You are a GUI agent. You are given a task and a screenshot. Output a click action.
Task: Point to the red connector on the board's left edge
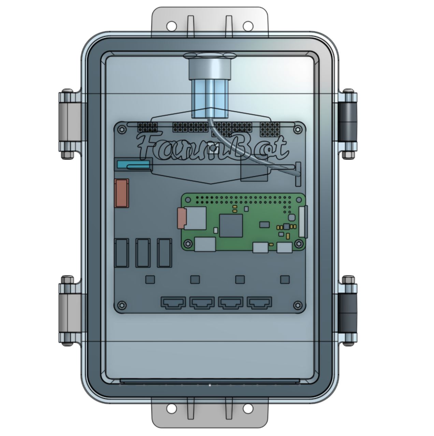pos(122,193)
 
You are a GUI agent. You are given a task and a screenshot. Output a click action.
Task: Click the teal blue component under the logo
pos(133,165)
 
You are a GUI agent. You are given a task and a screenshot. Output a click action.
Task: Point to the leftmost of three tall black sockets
pos(122,253)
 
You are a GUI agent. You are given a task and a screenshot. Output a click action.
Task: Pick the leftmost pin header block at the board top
pos(147,128)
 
